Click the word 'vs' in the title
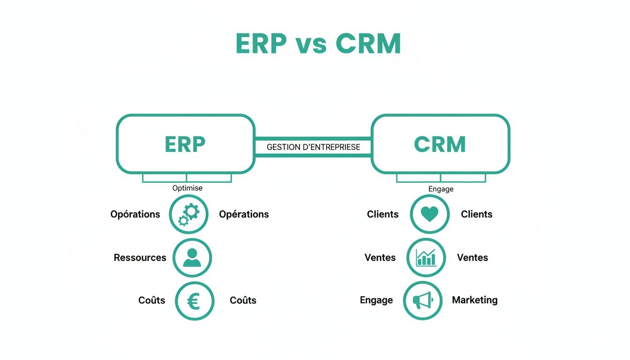[x=313, y=45]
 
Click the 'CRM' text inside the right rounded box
[x=440, y=145]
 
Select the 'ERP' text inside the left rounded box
[x=185, y=145]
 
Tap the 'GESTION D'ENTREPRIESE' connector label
[x=313, y=147]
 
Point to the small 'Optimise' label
[x=187, y=188]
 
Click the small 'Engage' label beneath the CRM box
[x=441, y=189]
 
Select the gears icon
[x=188, y=215]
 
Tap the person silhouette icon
[x=192, y=257]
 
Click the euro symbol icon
[x=194, y=301]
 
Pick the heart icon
[x=429, y=214]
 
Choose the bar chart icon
[x=426, y=257]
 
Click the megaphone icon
[x=423, y=300]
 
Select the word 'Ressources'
[x=140, y=258]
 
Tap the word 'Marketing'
[x=474, y=300]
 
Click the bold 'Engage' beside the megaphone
[x=376, y=300]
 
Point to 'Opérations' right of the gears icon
[x=244, y=214]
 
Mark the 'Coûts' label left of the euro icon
[x=151, y=300]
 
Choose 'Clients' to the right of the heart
[x=476, y=214]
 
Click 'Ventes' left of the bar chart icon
[x=380, y=258]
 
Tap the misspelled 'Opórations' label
[x=135, y=214]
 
